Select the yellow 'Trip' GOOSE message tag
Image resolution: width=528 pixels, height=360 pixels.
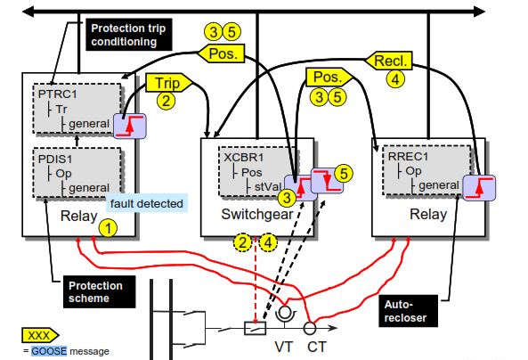click(x=164, y=82)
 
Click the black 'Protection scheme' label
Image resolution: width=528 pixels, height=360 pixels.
click(x=97, y=291)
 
